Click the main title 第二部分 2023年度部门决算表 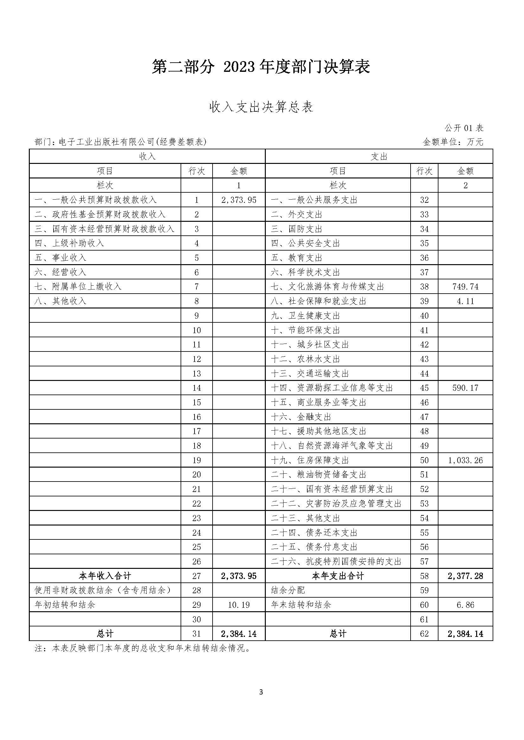point(261,67)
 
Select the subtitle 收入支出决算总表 point(261,107)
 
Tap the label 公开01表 point(464,128)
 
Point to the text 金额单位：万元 point(453,142)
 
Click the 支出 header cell point(379,157)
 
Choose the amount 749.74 point(465,287)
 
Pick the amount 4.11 point(465,301)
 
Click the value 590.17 point(465,388)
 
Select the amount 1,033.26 point(465,460)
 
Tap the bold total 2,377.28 point(465,576)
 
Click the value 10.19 point(239,605)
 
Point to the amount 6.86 point(465,605)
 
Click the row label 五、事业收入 point(61,258)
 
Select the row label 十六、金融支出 point(301,417)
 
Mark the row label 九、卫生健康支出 point(305,315)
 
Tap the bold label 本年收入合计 point(105,576)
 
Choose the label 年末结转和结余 point(301,605)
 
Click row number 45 point(424,388)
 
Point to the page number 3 point(261,692)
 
